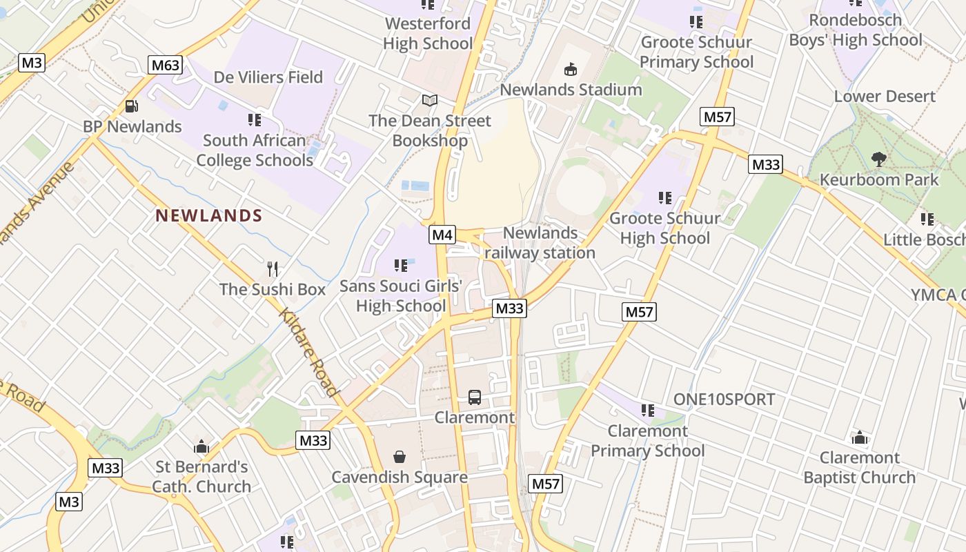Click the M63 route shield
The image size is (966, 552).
(165, 66)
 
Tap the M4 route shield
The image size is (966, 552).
(442, 235)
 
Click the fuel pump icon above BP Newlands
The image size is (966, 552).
(131, 106)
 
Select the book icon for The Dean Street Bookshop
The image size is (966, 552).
(430, 101)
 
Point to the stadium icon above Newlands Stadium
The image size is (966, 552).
(571, 69)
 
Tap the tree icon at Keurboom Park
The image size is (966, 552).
(878, 159)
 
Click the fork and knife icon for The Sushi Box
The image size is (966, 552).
(273, 269)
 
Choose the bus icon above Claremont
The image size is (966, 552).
(475, 397)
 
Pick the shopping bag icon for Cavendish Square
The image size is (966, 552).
(400, 457)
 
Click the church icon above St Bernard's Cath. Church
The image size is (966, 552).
(201, 446)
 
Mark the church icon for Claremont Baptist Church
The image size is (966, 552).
(859, 437)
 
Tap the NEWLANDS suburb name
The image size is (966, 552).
(209, 216)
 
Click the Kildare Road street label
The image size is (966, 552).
(310, 352)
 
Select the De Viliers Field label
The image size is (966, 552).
(268, 77)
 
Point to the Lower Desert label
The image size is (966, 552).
(885, 97)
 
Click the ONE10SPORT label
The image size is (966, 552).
(724, 400)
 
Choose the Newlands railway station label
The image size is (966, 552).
(540, 243)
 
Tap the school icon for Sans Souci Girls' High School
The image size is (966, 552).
(400, 266)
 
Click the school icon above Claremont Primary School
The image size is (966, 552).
(647, 411)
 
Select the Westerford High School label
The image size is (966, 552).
(428, 33)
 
